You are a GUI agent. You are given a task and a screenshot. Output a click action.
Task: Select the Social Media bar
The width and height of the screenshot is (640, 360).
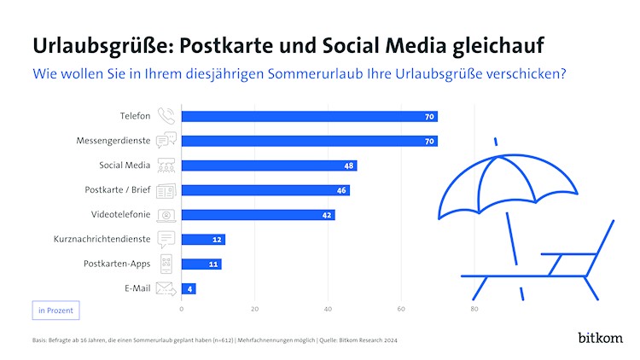click(270, 165)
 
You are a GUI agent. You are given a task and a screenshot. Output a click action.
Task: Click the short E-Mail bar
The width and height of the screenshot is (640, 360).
click(189, 288)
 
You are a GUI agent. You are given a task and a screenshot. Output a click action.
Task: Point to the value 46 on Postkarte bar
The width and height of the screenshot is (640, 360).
click(341, 190)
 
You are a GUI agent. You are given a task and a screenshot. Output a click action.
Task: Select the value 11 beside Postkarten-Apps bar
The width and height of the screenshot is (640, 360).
click(214, 264)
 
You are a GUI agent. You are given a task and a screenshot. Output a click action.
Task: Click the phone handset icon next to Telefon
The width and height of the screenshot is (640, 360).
click(166, 116)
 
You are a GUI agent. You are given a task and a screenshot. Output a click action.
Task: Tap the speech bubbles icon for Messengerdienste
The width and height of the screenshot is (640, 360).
click(166, 141)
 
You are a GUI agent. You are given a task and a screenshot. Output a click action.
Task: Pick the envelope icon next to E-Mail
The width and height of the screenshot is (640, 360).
click(166, 288)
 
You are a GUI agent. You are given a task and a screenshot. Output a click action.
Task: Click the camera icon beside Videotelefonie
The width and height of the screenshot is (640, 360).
click(166, 215)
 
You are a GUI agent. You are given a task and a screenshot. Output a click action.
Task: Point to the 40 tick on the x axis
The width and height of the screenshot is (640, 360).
click(329, 308)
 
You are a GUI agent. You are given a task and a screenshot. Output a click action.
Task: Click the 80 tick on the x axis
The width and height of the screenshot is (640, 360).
click(474, 308)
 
